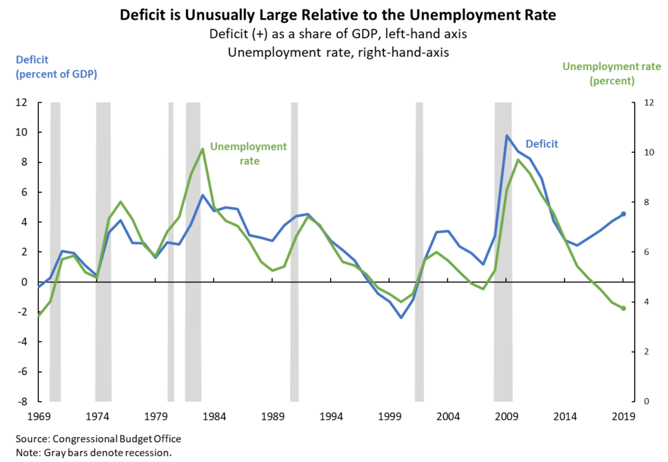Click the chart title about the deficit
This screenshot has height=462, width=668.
click(x=333, y=15)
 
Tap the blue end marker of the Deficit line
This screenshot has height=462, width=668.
click(x=623, y=214)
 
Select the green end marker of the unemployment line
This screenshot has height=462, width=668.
click(x=623, y=308)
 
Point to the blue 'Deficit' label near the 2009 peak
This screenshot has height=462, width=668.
click(x=541, y=144)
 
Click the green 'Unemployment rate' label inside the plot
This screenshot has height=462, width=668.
click(x=248, y=154)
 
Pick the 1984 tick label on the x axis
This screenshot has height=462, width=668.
click(x=213, y=417)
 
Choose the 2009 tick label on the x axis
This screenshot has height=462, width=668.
click(x=507, y=417)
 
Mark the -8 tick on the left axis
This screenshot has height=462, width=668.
click(x=21, y=401)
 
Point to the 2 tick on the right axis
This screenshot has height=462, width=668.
click(x=645, y=351)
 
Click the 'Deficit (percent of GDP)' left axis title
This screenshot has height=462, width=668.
click(x=57, y=67)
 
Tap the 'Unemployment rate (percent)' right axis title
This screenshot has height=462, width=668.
click(x=611, y=73)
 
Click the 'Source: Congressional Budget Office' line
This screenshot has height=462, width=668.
click(x=98, y=439)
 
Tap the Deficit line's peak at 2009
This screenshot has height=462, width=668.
click(x=507, y=136)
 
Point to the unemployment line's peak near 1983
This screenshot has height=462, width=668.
click(x=202, y=149)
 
